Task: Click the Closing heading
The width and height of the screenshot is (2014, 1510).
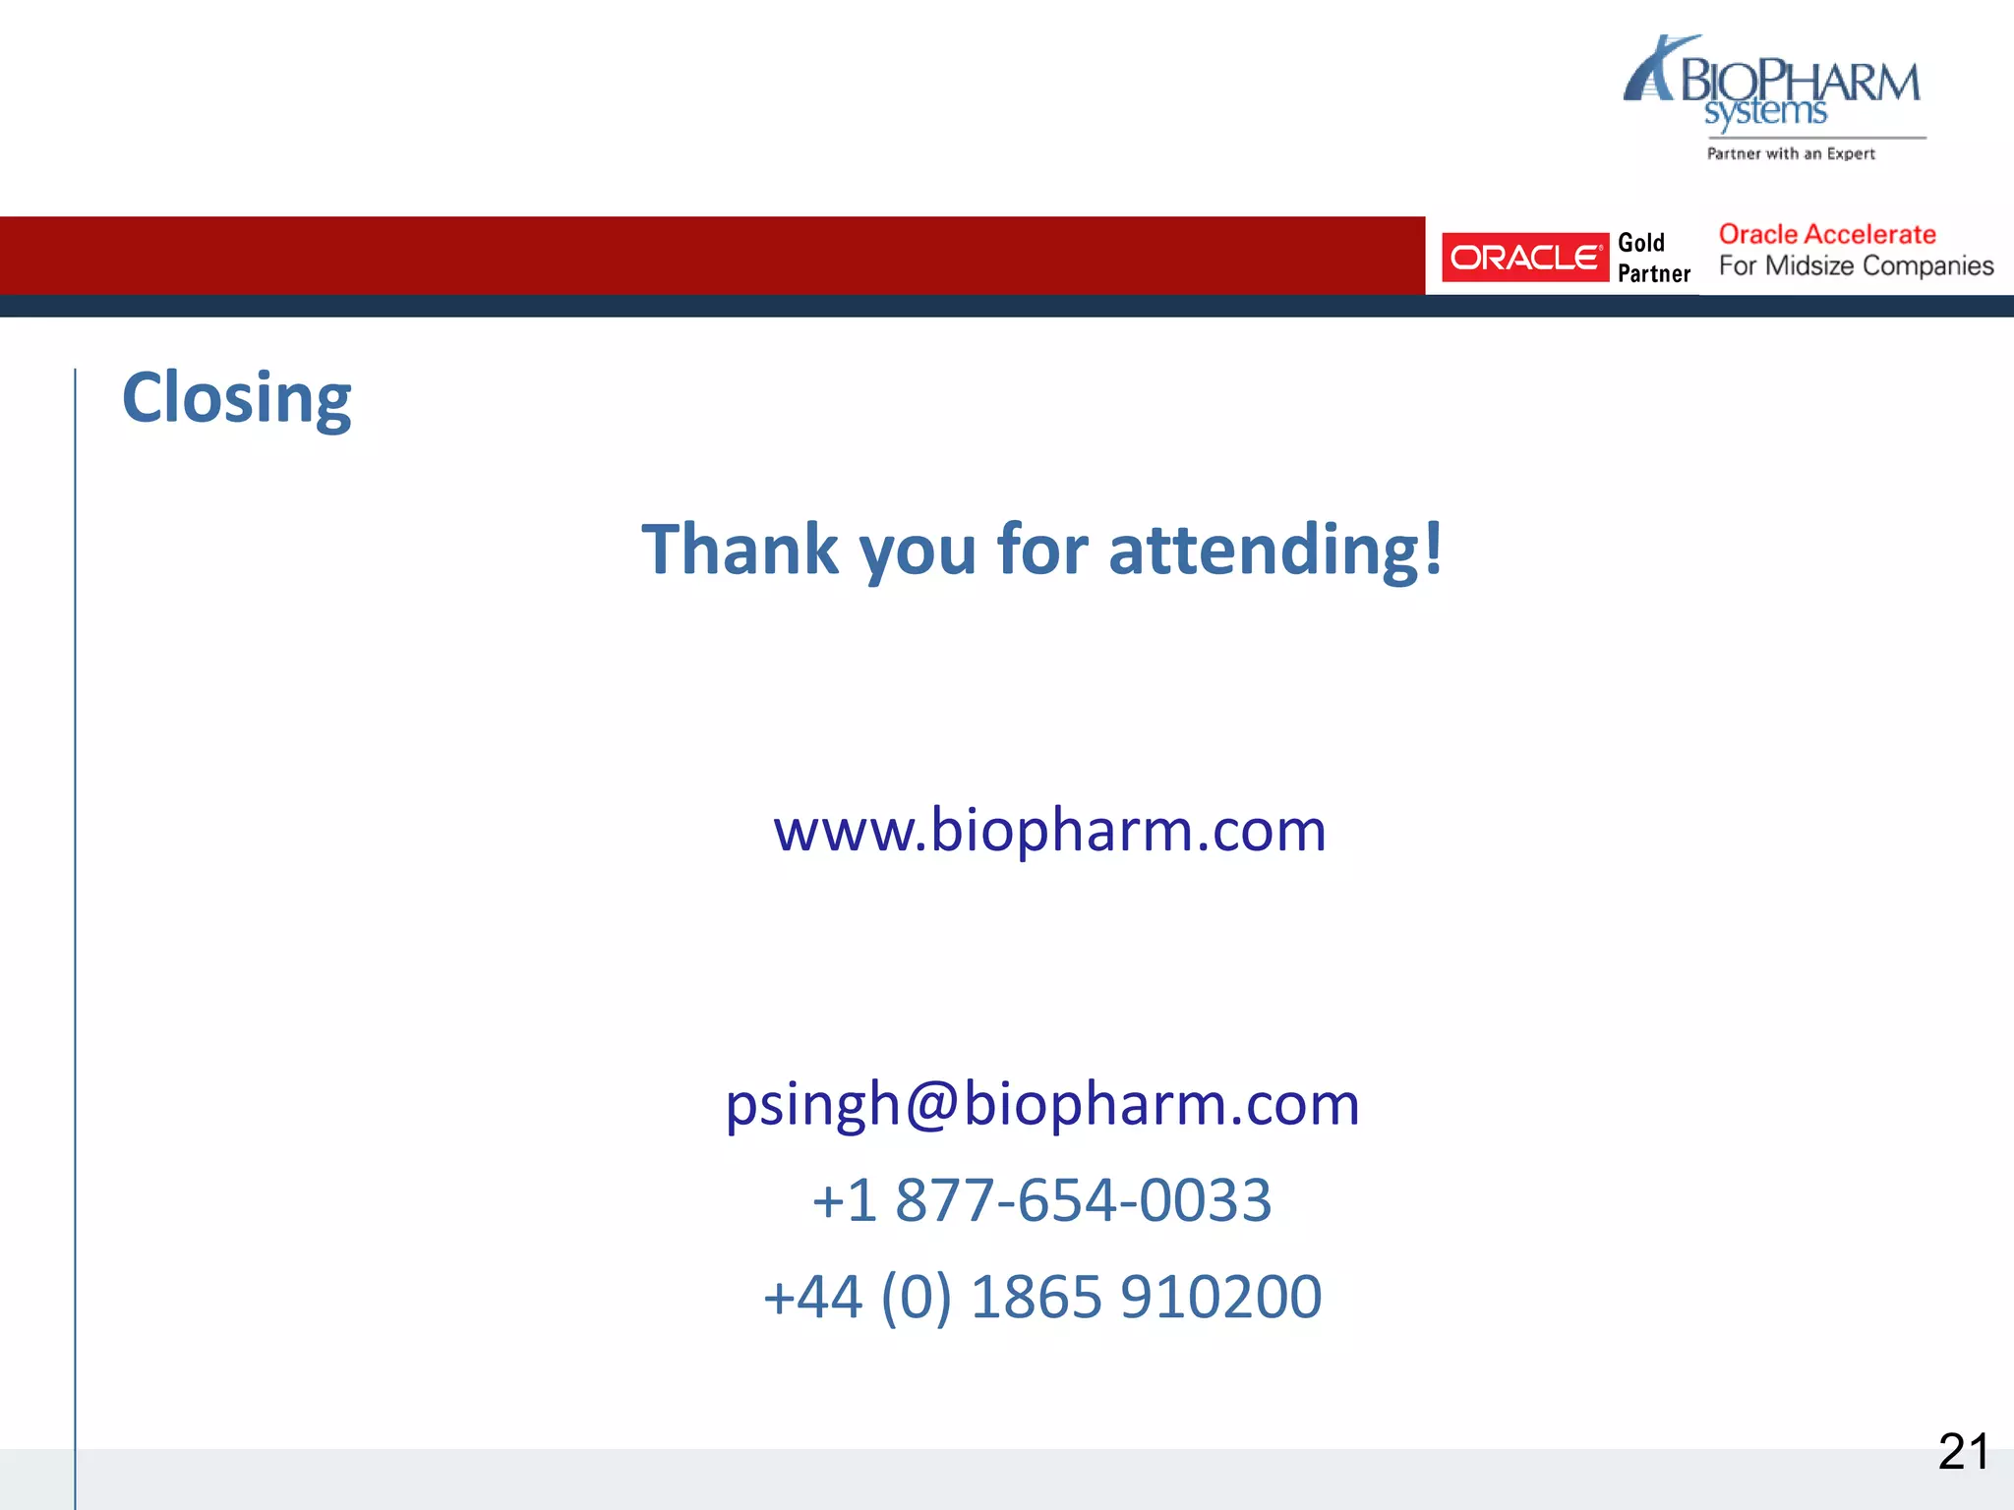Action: tap(236, 398)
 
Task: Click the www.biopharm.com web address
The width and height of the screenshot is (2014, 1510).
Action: tap(1049, 831)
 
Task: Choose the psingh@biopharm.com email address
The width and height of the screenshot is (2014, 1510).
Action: tap(1042, 1104)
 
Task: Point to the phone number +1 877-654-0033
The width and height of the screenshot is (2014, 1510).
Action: tap(1042, 1200)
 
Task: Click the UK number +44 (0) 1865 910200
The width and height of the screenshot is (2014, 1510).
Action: tap(1042, 1297)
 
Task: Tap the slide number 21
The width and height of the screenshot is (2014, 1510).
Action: tap(1963, 1452)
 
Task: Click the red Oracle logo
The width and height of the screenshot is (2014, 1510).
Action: tap(1524, 258)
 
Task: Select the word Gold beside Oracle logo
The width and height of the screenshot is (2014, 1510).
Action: tap(1641, 243)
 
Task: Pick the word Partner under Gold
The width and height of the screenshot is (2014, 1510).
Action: tap(1654, 273)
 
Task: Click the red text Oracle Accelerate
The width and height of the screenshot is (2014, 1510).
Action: tap(1827, 235)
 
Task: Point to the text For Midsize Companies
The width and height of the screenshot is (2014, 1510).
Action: tap(1856, 266)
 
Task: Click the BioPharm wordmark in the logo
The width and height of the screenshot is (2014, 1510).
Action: tap(1800, 81)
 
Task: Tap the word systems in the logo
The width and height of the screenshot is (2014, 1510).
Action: tap(1765, 112)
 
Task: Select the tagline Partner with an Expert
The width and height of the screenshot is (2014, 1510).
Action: tap(1791, 153)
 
